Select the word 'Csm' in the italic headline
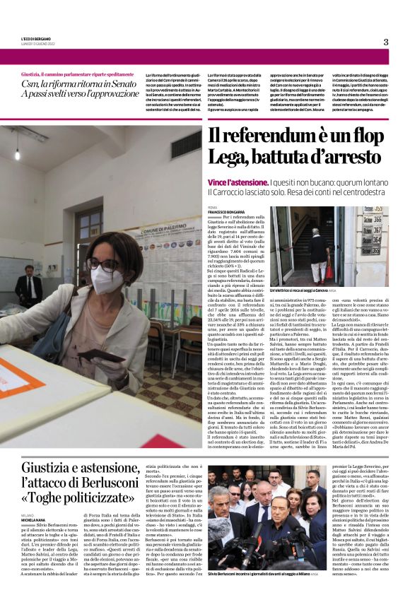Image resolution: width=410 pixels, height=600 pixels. pos(31,83)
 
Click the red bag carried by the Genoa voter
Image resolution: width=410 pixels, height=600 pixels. pos(310,272)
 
